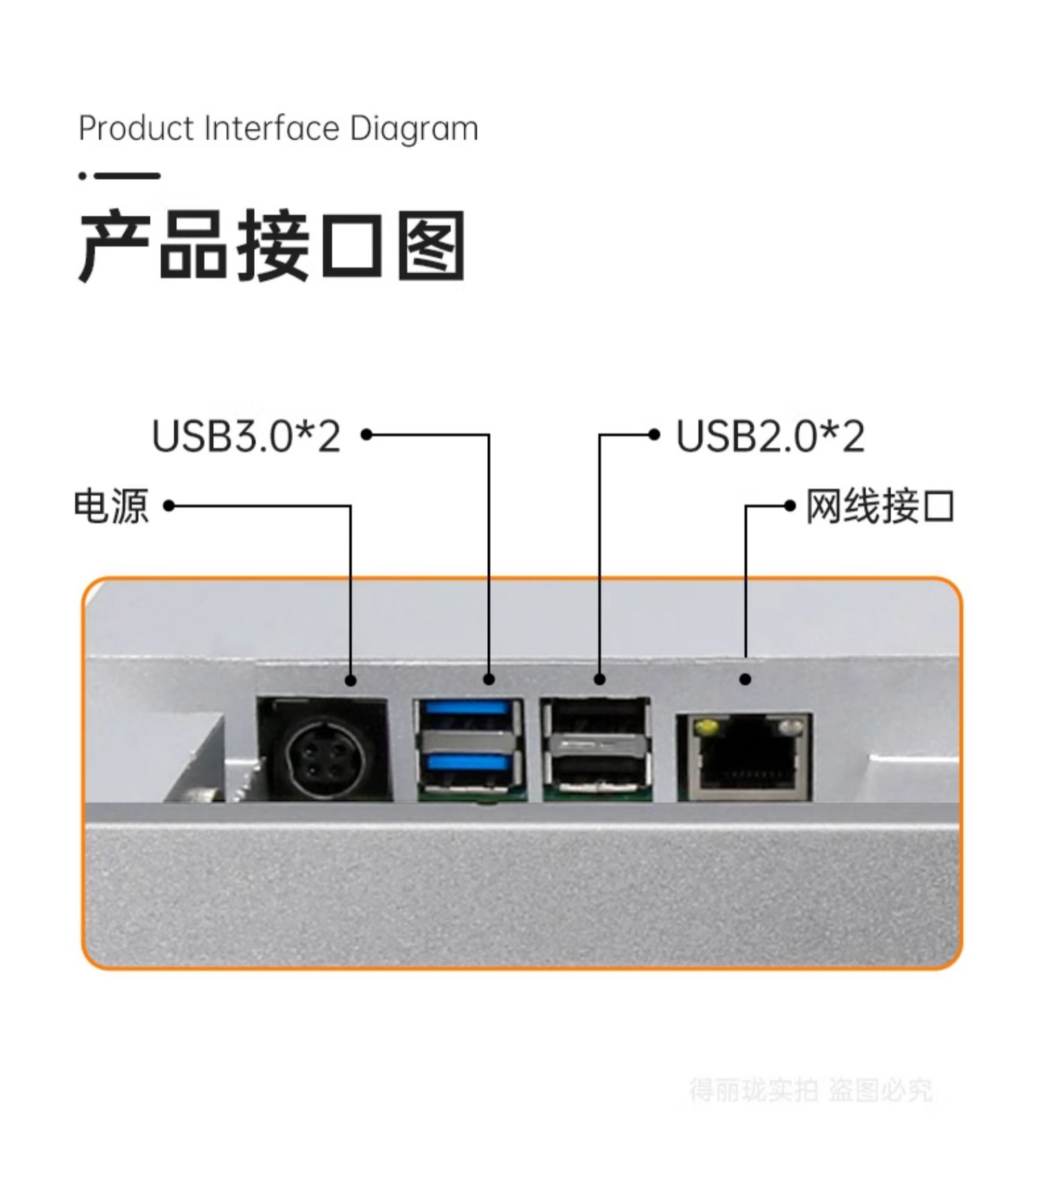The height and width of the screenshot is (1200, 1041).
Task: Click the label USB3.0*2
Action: click(x=246, y=437)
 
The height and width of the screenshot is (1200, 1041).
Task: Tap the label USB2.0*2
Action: click(x=770, y=437)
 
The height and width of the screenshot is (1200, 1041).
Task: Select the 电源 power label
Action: click(x=111, y=506)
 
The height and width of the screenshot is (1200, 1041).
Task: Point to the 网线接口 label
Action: click(x=880, y=506)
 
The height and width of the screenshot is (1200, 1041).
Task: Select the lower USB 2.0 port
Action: click(x=597, y=769)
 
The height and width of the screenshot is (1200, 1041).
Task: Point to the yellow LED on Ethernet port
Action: click(x=706, y=727)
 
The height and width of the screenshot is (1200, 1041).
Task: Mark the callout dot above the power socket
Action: click(x=350, y=680)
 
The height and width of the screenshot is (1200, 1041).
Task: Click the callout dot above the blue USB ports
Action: click(x=489, y=679)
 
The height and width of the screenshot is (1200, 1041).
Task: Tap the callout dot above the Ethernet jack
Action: click(x=745, y=679)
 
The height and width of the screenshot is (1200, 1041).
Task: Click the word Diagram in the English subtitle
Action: click(x=414, y=129)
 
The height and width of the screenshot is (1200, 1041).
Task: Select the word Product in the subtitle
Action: click(x=136, y=129)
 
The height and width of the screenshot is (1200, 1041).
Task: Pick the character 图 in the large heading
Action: click(x=431, y=246)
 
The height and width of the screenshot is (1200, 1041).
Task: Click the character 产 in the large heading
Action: click(x=115, y=246)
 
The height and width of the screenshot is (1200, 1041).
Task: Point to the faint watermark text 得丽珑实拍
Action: click(x=753, y=1090)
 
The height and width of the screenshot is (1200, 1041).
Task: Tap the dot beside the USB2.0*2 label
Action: click(x=654, y=435)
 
